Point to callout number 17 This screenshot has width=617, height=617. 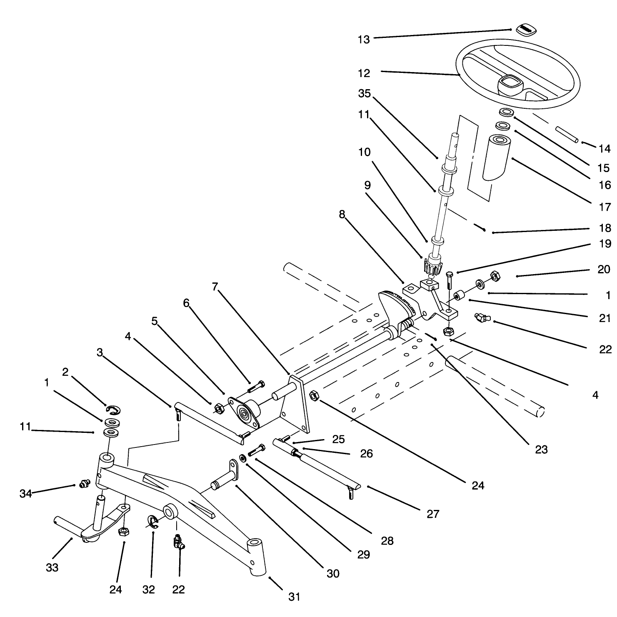tap(605, 206)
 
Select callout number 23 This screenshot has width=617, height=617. tap(541, 450)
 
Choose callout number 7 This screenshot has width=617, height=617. tap(215, 287)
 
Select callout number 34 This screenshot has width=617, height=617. tap(26, 494)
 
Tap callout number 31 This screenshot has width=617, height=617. tap(294, 597)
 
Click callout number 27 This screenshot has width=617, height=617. tap(433, 514)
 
